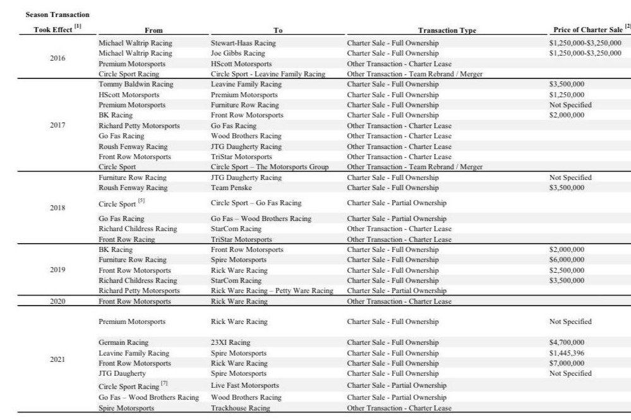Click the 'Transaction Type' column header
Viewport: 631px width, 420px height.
point(447,30)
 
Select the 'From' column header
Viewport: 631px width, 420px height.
point(153,30)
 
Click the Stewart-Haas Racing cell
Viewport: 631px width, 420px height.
point(243,43)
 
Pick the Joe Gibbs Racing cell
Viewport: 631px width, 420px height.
point(237,53)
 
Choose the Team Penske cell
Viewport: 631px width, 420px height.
point(229,188)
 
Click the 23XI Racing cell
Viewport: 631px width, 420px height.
point(230,342)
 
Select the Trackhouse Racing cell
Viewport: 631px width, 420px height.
point(240,408)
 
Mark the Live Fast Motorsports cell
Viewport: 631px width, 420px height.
point(244,385)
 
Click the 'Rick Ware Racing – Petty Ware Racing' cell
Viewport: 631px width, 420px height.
point(272,291)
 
